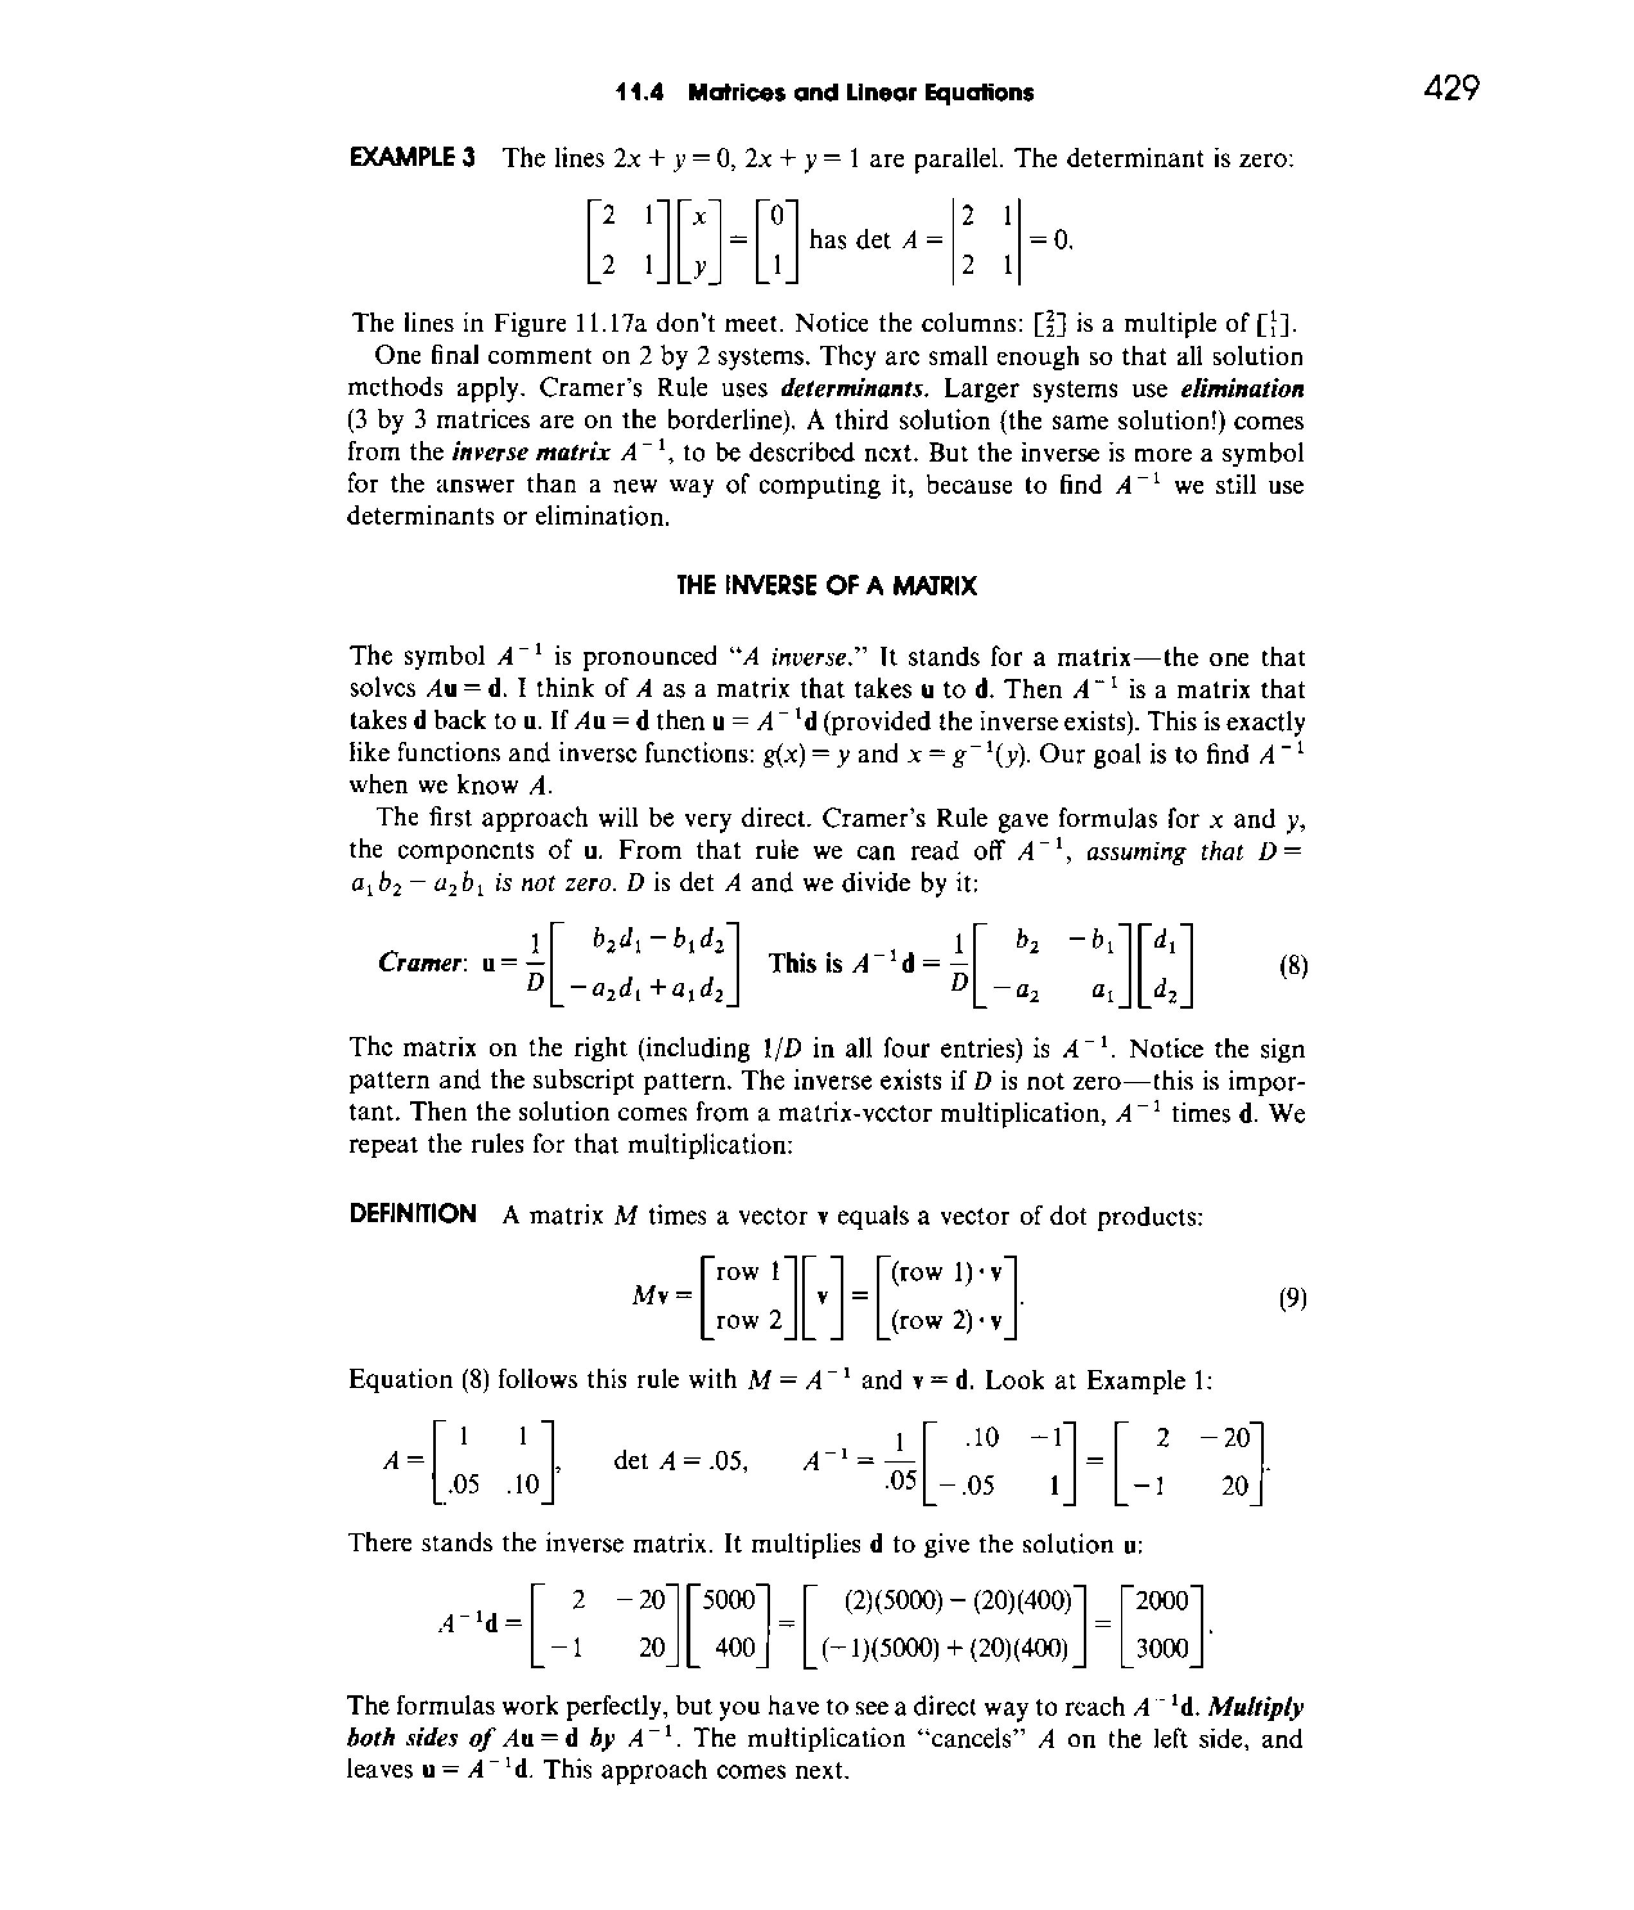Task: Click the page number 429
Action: pos(1451,89)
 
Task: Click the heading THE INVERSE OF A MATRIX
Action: pos(826,586)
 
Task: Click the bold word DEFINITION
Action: pos(413,1213)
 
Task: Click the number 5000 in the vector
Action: pos(728,1600)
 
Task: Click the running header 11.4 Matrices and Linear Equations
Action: pos(825,92)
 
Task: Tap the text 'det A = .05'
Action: pos(680,1460)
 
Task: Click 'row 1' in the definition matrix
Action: pos(748,1272)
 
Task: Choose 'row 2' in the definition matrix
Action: pos(748,1321)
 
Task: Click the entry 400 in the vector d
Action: pos(735,1648)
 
